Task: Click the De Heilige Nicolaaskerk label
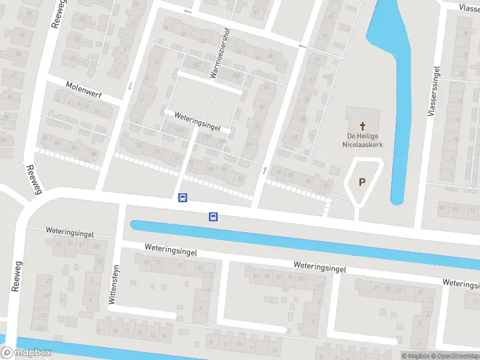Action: tap(362, 140)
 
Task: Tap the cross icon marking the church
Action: tap(362, 126)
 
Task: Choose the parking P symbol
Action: tap(362, 182)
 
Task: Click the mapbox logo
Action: tap(26, 353)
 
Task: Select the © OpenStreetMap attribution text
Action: tap(454, 356)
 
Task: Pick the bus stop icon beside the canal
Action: tap(212, 217)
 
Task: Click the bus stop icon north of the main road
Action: tap(182, 197)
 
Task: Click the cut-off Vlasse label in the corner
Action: tap(468, 8)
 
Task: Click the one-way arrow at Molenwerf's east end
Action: tap(129, 85)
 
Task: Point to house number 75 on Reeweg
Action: tap(40, 328)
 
